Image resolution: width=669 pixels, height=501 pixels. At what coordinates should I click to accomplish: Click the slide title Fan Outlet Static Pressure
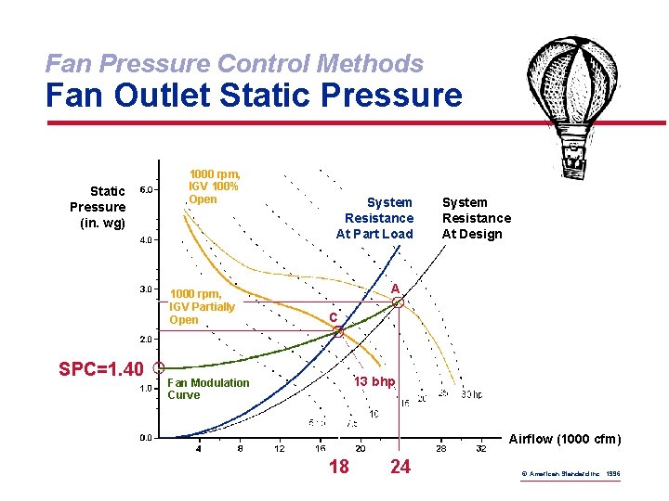point(254,96)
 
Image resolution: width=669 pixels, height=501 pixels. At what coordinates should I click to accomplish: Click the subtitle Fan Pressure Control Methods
point(234,63)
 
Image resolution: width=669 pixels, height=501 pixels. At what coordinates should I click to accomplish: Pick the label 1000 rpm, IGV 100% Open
point(215,186)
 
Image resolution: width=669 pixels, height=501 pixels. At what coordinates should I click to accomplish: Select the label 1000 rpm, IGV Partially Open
point(202,307)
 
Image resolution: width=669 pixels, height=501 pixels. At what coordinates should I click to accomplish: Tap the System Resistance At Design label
point(476,218)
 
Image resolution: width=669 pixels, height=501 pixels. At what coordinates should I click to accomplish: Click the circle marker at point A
point(397,302)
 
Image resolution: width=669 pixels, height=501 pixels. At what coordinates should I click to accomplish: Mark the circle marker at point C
point(338,331)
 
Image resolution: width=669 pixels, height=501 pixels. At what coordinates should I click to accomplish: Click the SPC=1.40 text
point(100,369)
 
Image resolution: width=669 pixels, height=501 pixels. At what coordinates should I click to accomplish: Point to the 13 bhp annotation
point(374,382)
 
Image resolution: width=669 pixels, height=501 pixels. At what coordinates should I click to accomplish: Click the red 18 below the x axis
point(339,467)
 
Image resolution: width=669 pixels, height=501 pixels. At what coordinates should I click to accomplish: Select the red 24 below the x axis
point(400,467)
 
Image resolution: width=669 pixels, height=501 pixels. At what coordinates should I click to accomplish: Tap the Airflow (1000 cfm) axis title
point(566,439)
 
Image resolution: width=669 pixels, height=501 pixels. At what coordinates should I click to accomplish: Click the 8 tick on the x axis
point(240,449)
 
